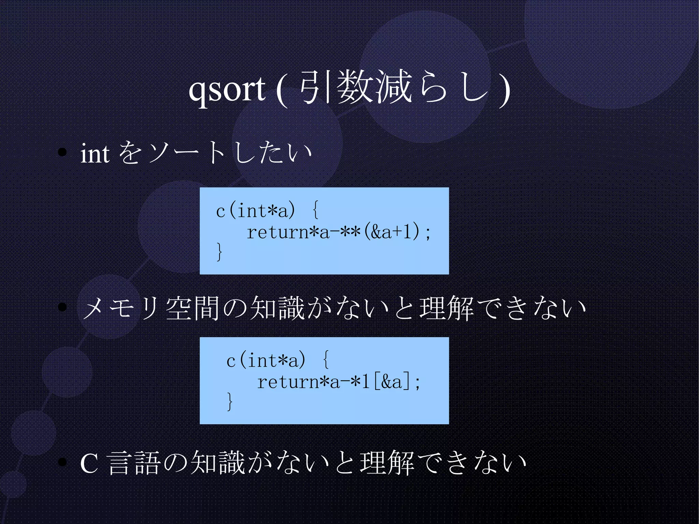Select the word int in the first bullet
pyautogui.click(x=95, y=154)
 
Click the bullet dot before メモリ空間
pyautogui.click(x=62, y=307)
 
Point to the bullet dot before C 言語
pyautogui.click(x=62, y=462)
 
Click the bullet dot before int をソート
pyautogui.click(x=62, y=153)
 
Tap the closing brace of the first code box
pyautogui.click(x=219, y=252)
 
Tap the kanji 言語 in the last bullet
pyautogui.click(x=134, y=463)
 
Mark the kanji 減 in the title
pyautogui.click(x=393, y=87)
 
